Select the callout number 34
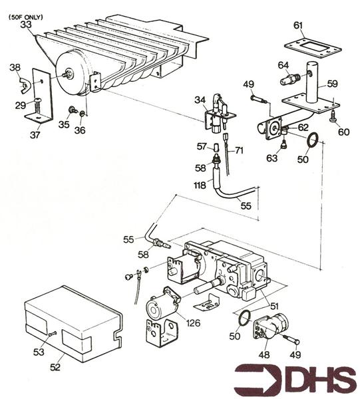click(x=200, y=100)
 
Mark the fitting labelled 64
click(x=288, y=80)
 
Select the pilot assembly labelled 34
click(x=220, y=114)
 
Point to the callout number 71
click(x=239, y=151)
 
